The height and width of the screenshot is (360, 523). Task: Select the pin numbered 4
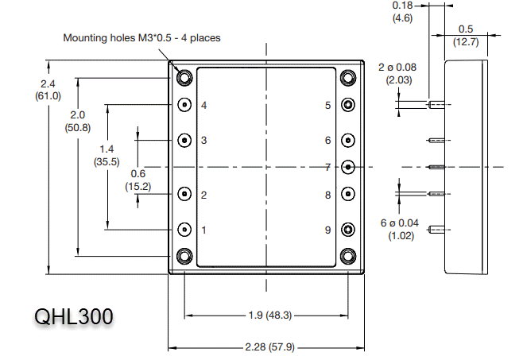coord(184,105)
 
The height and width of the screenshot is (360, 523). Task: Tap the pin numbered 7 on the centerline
coord(347,167)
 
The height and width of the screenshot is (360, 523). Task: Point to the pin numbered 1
coord(184,230)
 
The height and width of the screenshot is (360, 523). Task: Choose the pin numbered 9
coord(347,230)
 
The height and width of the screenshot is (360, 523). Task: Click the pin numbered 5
coord(347,105)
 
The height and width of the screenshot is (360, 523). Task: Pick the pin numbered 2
coord(184,194)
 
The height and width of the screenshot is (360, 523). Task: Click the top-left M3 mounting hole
coord(184,78)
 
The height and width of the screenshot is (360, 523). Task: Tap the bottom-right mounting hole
coord(347,256)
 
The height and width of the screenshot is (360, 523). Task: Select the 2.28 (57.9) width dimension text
coord(266,347)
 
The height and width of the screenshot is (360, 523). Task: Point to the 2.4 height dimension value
coord(48,83)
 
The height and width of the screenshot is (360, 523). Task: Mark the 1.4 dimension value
coord(106,149)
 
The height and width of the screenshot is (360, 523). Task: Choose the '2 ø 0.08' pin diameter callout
coord(397,68)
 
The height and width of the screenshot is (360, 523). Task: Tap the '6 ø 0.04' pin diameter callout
coord(399,223)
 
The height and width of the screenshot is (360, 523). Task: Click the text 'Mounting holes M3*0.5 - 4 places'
coord(141,37)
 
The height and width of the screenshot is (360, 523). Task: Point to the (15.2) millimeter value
coord(138,186)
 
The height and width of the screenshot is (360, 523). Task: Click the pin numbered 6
coord(347,140)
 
